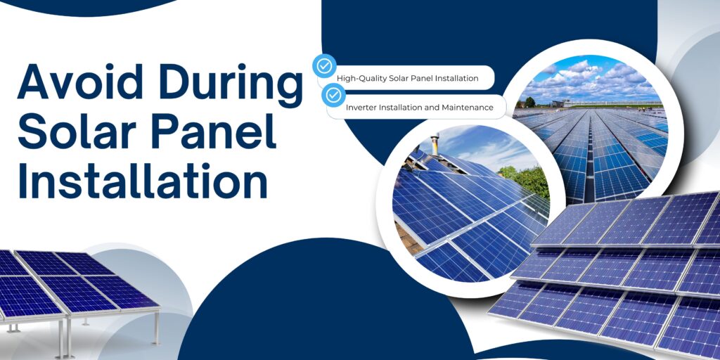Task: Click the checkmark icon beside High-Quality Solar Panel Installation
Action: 324,67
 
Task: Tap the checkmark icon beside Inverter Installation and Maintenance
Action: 333,95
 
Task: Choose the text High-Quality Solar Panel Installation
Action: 407,78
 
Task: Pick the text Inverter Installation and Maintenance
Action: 415,108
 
